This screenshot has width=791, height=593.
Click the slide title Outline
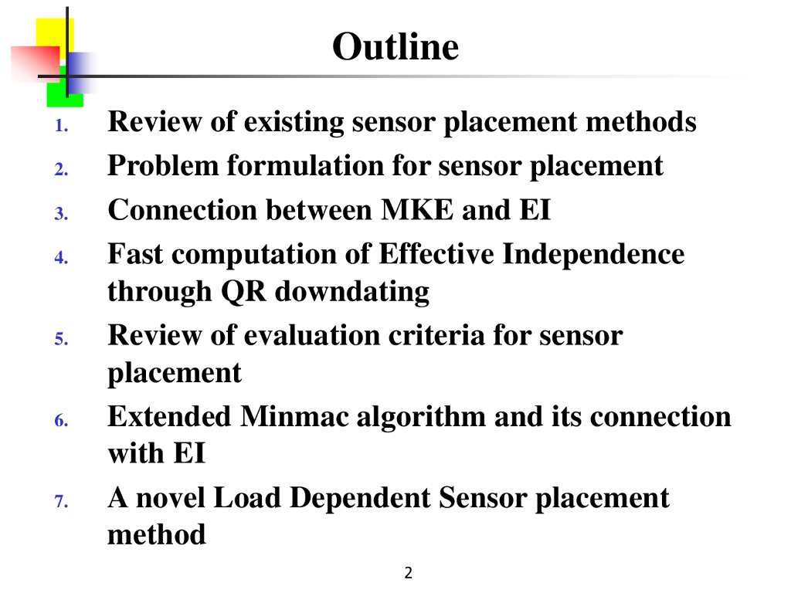395,47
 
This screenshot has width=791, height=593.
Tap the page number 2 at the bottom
409,573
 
